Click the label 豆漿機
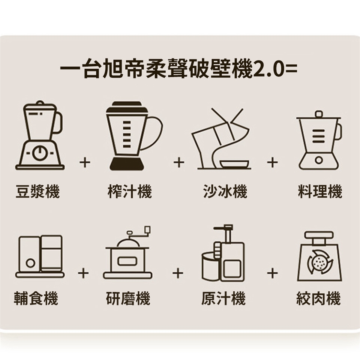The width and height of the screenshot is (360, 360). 37,191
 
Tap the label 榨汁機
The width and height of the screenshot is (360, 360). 130,191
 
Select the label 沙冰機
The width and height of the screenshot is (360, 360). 225,191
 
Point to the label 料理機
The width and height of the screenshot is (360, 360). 320,191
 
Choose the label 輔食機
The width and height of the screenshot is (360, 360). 36,298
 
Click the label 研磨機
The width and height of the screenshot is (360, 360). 128,298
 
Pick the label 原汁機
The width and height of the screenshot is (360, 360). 223,298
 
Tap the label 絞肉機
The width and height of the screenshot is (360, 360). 318,298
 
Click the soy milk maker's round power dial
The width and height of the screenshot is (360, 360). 40,153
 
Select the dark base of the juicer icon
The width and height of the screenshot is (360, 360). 127,164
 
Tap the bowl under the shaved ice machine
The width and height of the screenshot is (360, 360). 234,163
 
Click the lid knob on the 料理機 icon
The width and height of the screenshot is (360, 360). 319,114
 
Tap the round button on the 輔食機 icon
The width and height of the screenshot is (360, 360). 30,263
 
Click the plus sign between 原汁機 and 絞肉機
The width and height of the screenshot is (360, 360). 273,273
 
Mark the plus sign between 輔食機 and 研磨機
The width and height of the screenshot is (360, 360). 83,273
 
